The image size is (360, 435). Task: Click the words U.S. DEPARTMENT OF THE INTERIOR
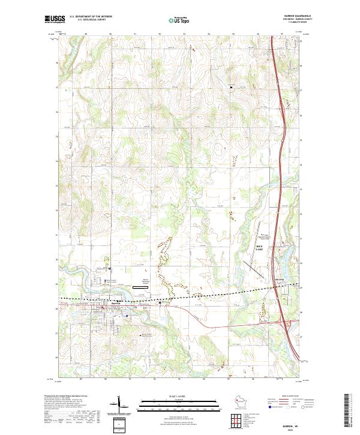tap(90, 17)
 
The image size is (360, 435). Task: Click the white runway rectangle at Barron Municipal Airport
tap(140, 287)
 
